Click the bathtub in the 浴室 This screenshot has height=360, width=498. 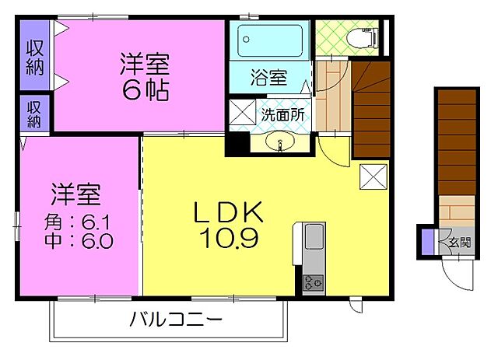coord(270,38)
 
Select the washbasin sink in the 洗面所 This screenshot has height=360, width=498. coord(281,142)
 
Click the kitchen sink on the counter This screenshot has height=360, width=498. coord(314,236)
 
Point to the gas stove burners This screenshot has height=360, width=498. coord(314,281)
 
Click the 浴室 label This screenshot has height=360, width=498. coord(268,78)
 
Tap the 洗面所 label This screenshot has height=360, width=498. coord(282,114)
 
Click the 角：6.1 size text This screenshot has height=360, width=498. coord(78,222)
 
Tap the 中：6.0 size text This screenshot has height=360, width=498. coord(78,241)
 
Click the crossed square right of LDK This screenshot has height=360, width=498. coord(373,177)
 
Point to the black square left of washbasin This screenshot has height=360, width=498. coord(237,143)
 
